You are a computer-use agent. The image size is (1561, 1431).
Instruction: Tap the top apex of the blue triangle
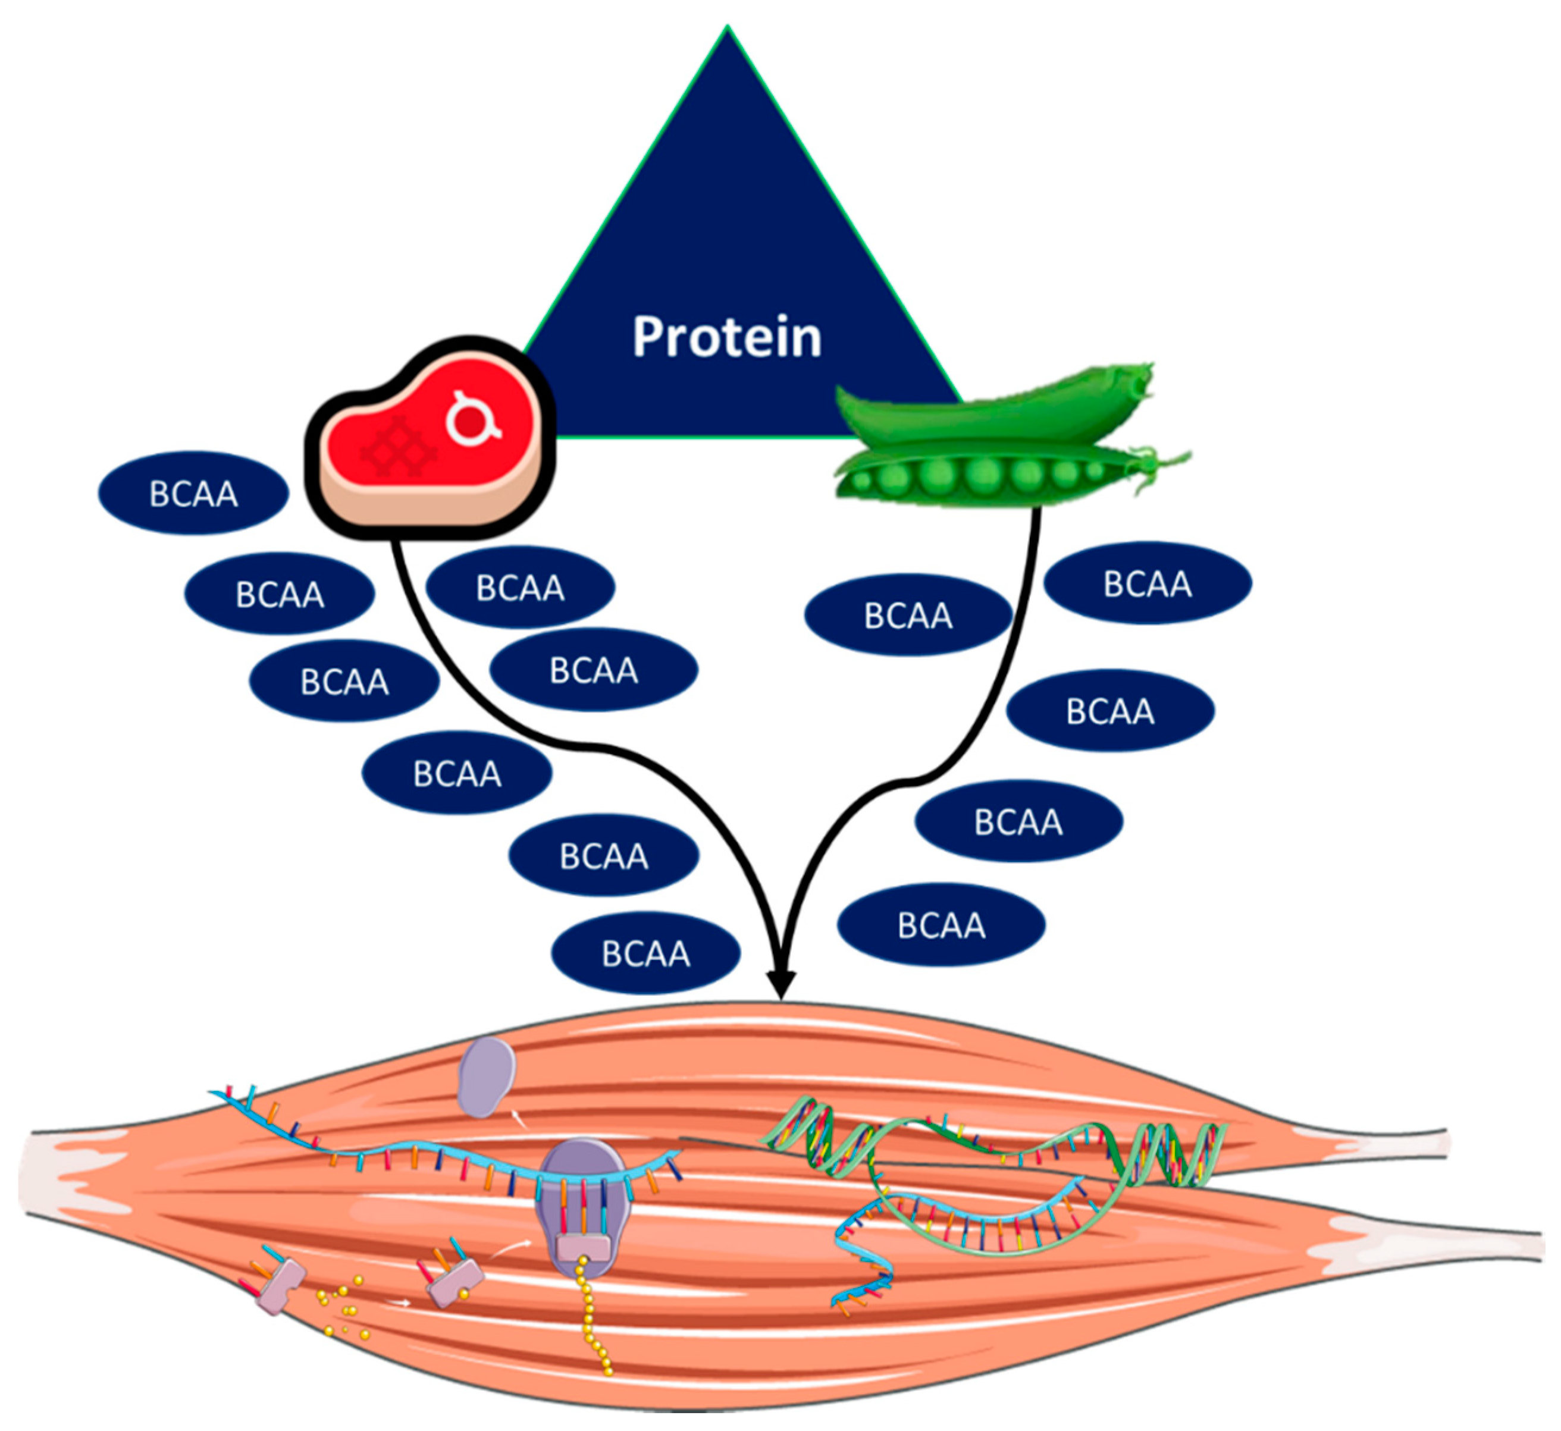726,31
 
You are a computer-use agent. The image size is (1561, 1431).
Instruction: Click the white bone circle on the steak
470,420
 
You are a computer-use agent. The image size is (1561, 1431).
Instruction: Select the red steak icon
430,438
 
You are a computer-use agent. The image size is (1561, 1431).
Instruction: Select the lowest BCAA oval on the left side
645,953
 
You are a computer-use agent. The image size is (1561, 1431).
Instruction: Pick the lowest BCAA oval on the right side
941,925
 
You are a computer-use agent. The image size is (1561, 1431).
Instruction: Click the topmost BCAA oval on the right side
1148,583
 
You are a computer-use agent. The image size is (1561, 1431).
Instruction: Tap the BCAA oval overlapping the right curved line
908,615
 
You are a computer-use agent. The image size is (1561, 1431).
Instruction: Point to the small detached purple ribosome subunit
487,1077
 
